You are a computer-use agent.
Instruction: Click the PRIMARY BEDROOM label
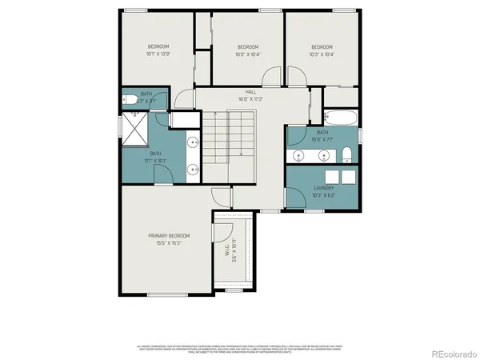(169, 235)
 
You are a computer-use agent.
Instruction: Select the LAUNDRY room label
(323, 189)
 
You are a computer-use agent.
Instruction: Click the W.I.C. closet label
(225, 255)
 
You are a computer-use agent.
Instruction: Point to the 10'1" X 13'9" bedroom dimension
(158, 55)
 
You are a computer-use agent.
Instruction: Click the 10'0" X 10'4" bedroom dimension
(248, 55)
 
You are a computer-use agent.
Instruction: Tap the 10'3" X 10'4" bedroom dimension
(322, 55)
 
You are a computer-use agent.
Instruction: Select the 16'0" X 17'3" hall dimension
(251, 99)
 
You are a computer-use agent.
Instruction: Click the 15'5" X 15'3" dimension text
(169, 242)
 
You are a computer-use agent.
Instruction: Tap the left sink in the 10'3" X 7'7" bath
(299, 154)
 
